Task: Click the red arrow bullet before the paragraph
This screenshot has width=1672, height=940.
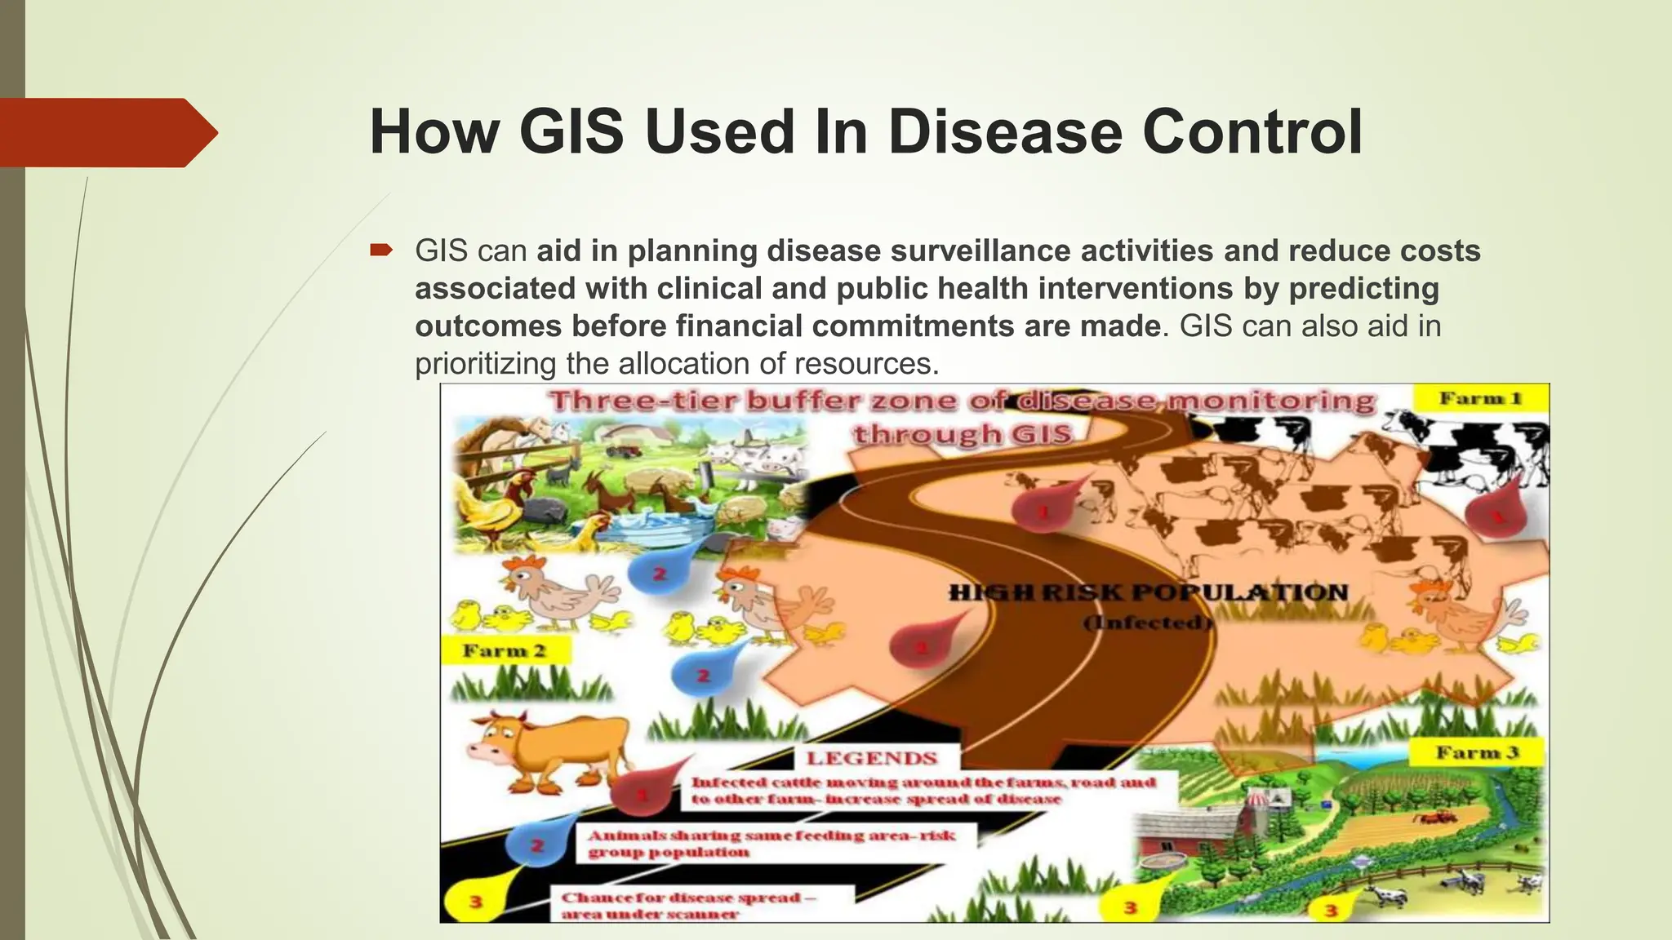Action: (x=380, y=250)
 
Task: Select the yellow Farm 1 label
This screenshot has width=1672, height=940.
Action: (x=1480, y=398)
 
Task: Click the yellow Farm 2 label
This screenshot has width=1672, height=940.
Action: (x=504, y=651)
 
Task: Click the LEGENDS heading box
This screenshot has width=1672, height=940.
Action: (x=871, y=758)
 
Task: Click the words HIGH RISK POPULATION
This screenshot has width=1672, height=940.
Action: (x=1147, y=593)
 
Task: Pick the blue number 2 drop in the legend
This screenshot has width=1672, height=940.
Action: (x=536, y=845)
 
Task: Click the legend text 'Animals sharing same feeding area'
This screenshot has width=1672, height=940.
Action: (x=771, y=836)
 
